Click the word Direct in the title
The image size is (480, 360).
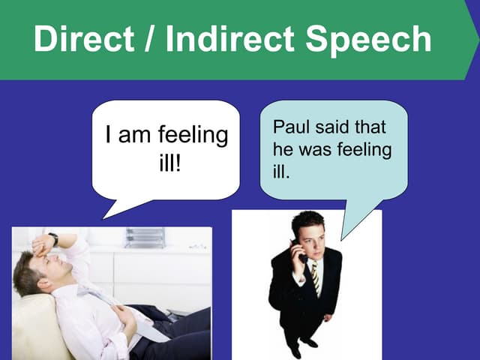coord(84,39)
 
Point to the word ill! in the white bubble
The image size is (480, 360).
coord(170,163)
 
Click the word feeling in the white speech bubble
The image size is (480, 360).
coord(193,136)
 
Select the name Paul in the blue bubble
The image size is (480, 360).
coord(289,127)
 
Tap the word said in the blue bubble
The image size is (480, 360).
coord(331,127)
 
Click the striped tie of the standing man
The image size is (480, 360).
coord(316,278)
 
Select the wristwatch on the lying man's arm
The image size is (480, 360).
coord(53,239)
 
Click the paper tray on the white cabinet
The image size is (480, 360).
coord(145,238)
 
